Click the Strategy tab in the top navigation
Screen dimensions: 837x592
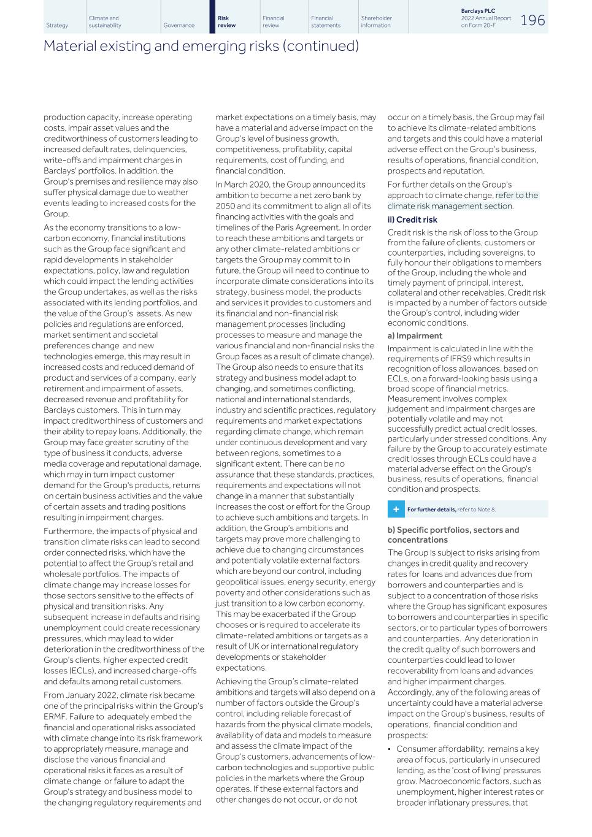[x=57, y=25]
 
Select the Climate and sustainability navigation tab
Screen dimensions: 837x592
[x=105, y=22]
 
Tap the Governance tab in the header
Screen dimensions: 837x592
[x=179, y=25]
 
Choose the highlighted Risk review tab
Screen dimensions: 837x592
[x=226, y=22]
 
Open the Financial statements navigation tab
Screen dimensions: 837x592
[x=325, y=22]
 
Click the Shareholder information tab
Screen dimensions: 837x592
[x=376, y=22]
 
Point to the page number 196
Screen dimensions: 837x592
[x=532, y=20]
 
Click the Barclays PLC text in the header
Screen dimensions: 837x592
[x=478, y=11]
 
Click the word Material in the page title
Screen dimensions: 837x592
[x=69, y=46]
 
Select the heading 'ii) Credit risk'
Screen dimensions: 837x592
[x=412, y=220]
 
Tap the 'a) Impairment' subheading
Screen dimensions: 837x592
[x=415, y=335]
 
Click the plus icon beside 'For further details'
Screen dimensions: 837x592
[x=396, y=510]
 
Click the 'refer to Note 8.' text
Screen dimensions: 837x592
[x=476, y=510]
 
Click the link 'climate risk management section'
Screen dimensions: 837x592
[x=450, y=206]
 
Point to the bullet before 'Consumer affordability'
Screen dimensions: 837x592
[x=390, y=749]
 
